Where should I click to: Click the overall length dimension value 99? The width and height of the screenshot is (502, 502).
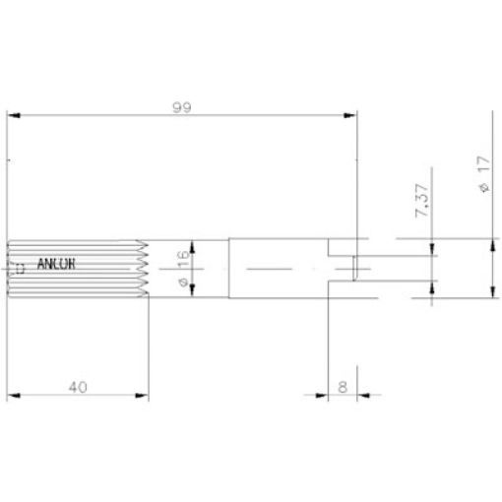pyautogui.click(x=181, y=109)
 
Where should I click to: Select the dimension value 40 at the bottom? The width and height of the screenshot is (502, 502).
pyautogui.click(x=79, y=387)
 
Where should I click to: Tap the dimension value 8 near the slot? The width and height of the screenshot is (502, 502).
pyautogui.click(x=343, y=388)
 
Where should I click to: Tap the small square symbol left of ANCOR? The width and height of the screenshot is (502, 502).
pyautogui.click(x=21, y=266)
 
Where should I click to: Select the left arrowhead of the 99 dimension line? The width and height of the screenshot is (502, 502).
pyautogui.click(x=12, y=116)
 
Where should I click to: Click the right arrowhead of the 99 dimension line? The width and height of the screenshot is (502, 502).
pyautogui.click(x=351, y=116)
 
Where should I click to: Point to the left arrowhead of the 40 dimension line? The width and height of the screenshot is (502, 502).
pyautogui.click(x=12, y=397)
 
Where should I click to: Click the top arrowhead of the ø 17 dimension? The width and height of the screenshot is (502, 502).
pyautogui.click(x=490, y=243)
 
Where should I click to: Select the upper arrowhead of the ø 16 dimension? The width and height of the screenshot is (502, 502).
pyautogui.click(x=193, y=246)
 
